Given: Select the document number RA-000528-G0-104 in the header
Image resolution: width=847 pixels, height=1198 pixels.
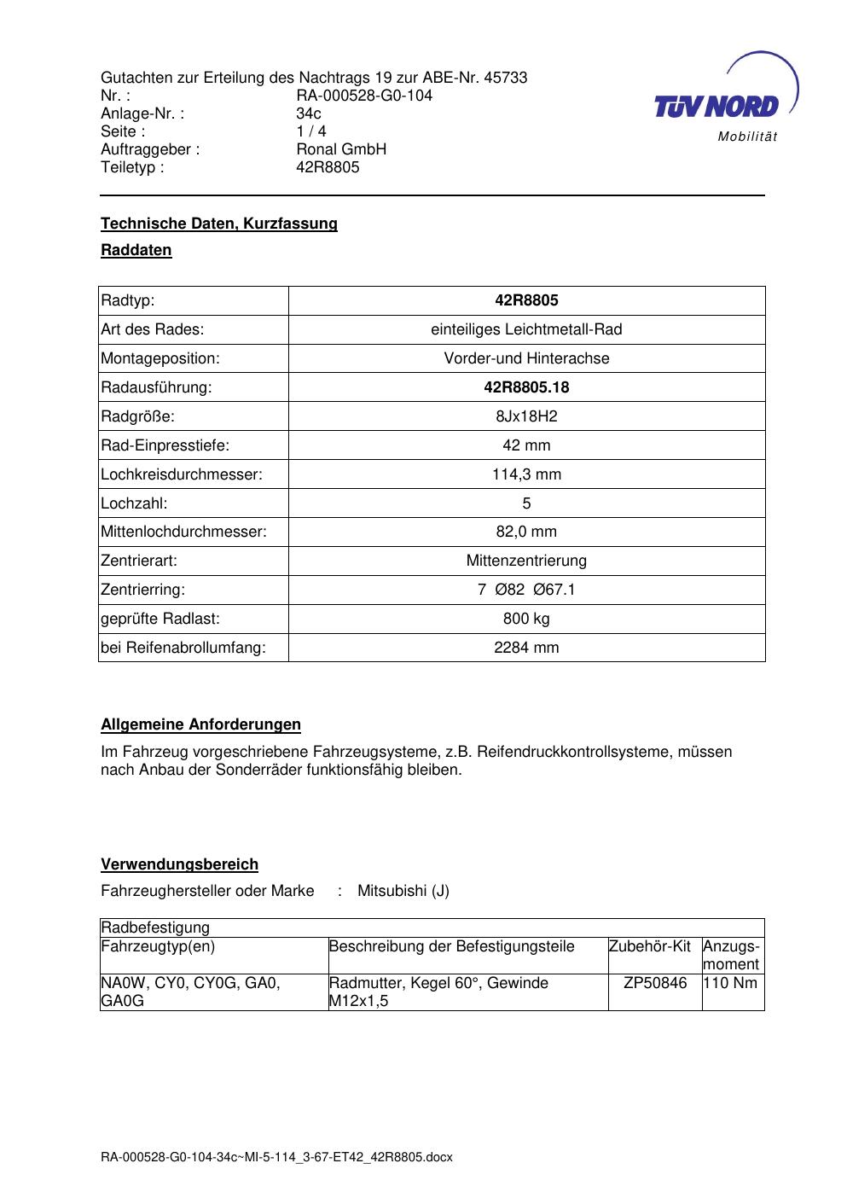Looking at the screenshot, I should click(364, 96).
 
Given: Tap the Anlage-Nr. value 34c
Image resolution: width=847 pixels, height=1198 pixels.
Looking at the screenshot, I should click(309, 113).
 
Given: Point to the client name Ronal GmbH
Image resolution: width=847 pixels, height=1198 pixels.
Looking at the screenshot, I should click(341, 149).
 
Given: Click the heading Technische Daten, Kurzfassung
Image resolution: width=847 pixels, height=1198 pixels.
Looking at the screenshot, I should click(219, 224).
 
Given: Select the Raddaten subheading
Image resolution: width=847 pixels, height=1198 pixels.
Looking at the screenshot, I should click(136, 250).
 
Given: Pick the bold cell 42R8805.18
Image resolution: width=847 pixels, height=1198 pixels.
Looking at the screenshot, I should click(526, 387).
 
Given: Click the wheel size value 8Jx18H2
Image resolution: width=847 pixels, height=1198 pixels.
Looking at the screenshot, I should click(526, 416).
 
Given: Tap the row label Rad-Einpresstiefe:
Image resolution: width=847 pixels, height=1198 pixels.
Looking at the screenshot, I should click(165, 445).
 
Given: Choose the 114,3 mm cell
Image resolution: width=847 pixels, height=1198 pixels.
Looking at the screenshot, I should click(526, 474).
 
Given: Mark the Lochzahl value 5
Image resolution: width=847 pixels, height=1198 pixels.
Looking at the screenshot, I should click(526, 503).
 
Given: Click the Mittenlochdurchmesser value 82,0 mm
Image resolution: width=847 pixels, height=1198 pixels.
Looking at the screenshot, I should click(526, 532).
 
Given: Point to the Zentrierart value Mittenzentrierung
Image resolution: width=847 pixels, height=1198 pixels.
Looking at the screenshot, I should click(526, 561).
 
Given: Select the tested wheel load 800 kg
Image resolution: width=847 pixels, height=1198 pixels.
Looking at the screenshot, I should click(526, 619).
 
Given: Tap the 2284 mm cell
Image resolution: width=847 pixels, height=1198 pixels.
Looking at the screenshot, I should click(526, 648).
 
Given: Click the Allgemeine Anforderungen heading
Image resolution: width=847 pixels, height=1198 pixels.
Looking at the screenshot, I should click(201, 724).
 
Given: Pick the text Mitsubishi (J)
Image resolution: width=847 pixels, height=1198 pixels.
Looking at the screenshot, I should click(403, 891).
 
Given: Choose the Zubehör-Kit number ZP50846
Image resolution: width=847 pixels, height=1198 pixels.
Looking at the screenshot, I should click(655, 983).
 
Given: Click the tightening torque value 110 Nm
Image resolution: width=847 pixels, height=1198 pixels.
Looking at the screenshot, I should click(731, 983).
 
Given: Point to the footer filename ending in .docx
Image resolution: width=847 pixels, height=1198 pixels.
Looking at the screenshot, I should click(276, 1158).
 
